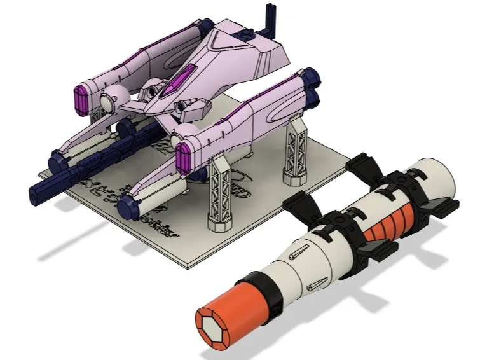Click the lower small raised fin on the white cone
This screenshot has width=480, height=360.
click(x=318, y=280)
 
